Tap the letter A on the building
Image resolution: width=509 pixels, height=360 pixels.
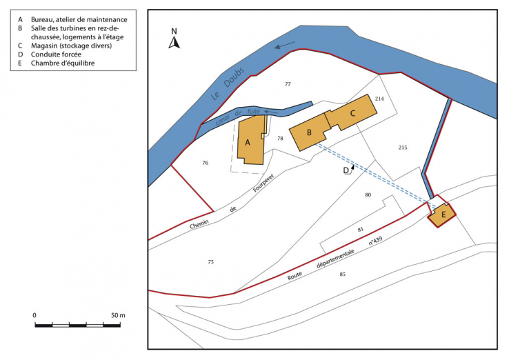pos(247,143)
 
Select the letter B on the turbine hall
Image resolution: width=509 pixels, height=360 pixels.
pos(310,132)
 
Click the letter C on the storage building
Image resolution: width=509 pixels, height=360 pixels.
pos(352,112)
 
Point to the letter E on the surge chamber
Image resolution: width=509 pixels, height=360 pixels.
pos(443,214)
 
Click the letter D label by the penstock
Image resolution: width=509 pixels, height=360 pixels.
pos(346,170)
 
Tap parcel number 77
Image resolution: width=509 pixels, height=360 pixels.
pos(288,84)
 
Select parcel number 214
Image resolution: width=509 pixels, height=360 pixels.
pos(379,99)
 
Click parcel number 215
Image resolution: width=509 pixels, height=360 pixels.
pos(403,148)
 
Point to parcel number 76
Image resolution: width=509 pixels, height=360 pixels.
pos(205,163)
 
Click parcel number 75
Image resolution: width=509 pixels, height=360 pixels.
pos(210,261)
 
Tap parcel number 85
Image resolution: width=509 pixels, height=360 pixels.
pos(342,274)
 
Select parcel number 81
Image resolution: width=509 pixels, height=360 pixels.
pos(360,229)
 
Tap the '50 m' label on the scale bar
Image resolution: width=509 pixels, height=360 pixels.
pos(118,315)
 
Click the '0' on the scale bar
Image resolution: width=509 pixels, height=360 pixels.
pos(34,315)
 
